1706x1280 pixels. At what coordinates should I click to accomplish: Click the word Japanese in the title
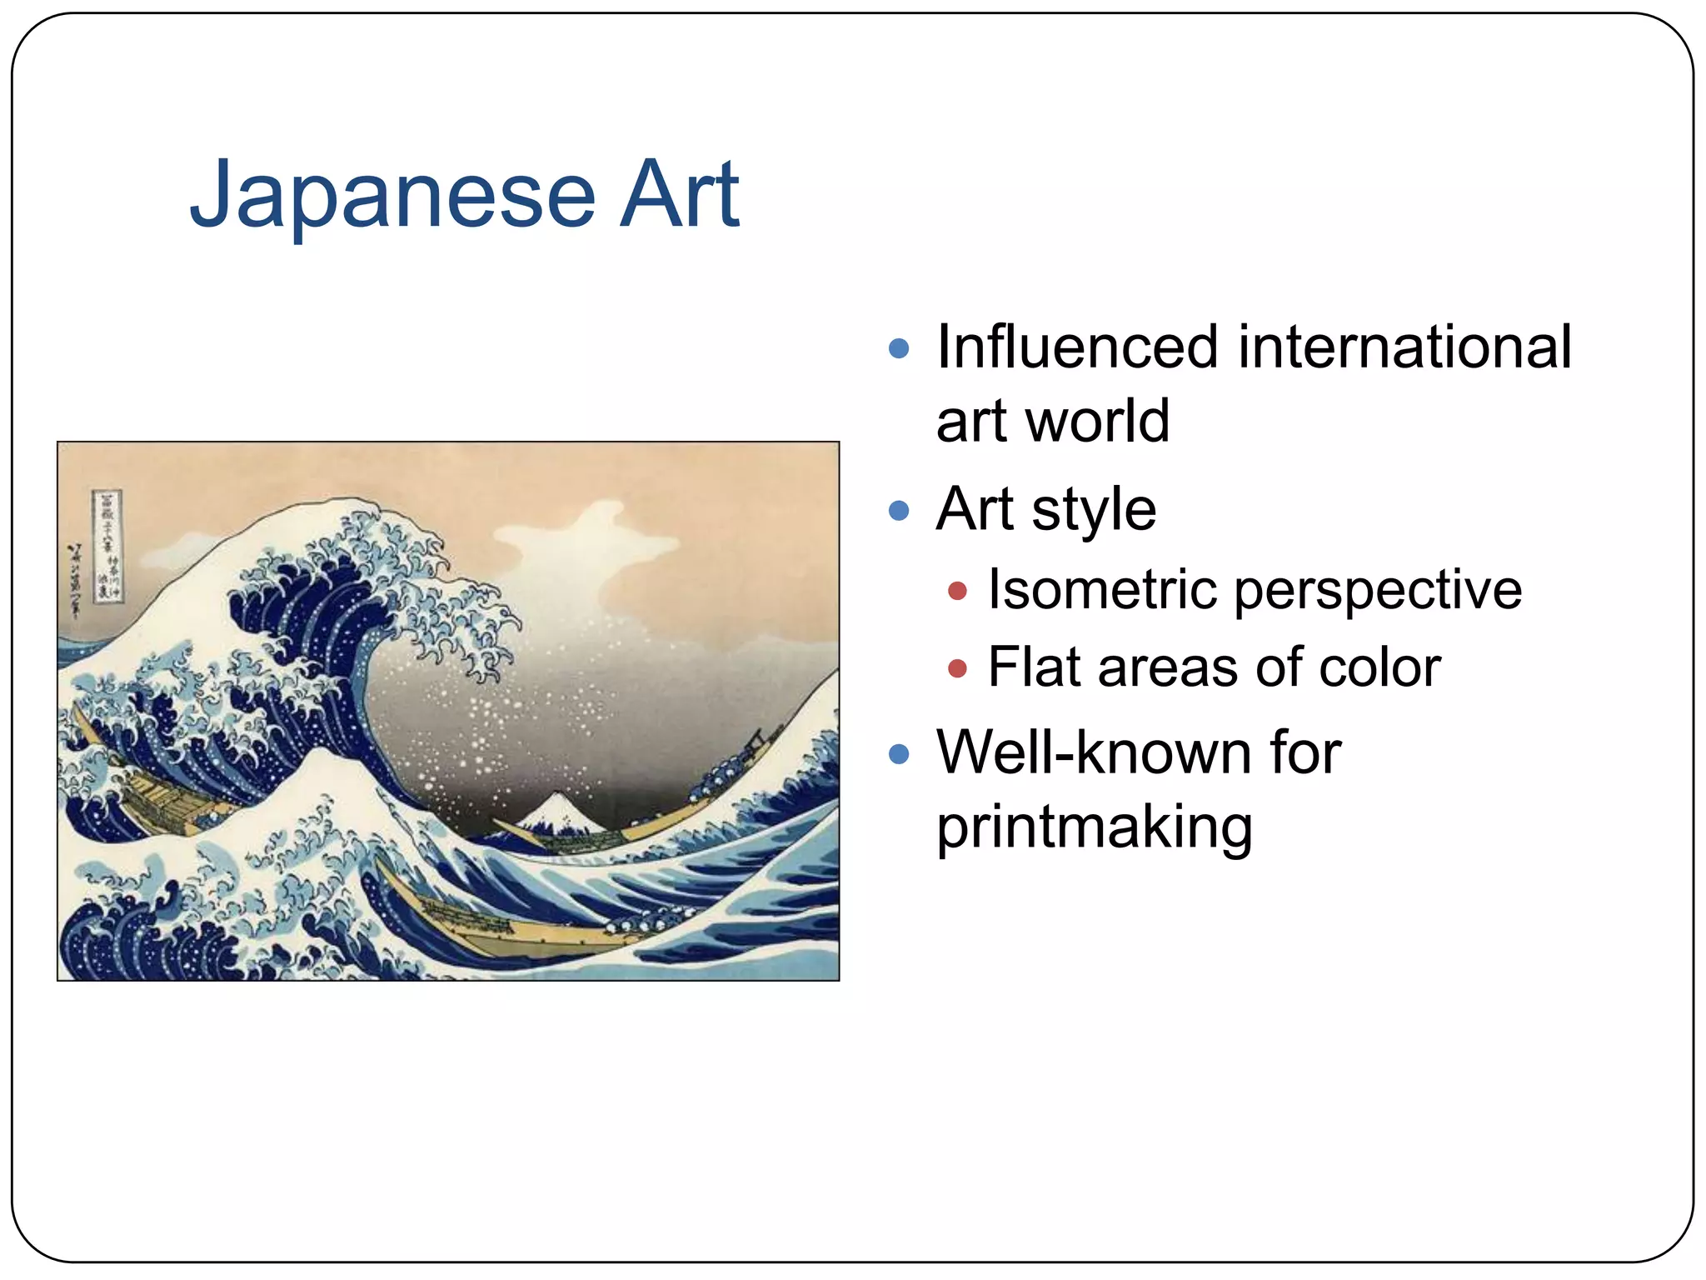tap(392, 196)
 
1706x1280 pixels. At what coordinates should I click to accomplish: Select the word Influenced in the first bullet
tap(1078, 347)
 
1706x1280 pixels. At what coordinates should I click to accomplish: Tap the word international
tap(1404, 347)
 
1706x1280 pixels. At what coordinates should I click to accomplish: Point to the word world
tap(1097, 421)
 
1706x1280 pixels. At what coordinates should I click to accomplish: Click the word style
tap(1094, 509)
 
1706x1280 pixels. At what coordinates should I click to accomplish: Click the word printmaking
tap(1094, 827)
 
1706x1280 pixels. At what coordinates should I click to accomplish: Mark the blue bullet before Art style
tap(898, 510)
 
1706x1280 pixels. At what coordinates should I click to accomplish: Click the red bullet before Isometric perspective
tap(957, 591)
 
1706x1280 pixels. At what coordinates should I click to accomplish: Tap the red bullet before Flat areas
tap(957, 668)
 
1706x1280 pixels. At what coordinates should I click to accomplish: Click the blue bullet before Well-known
tap(898, 754)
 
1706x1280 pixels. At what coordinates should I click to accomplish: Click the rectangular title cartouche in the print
tap(107, 546)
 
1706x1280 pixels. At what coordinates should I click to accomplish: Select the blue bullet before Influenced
tap(898, 347)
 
